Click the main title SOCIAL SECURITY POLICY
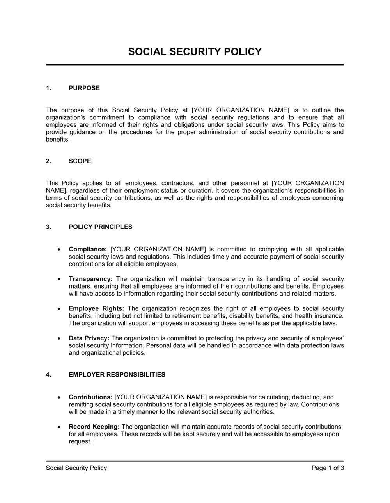point(195,52)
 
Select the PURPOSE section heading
point(84,88)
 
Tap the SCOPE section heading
point(80,161)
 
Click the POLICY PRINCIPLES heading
point(100,227)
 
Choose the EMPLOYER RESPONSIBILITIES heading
point(117,375)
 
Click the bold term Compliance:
point(88,249)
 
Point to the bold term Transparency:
point(90,279)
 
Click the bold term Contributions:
point(91,397)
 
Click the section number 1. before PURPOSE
point(48,88)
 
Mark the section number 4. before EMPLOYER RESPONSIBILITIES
point(48,375)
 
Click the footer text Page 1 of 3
point(328,468)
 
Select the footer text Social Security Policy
point(76,468)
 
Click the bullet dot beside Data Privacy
point(58,338)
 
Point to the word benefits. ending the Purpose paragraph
point(58,139)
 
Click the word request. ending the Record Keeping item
point(80,442)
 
